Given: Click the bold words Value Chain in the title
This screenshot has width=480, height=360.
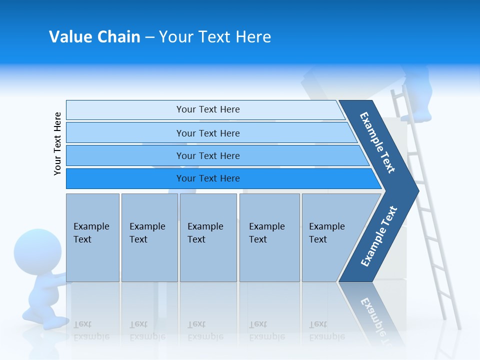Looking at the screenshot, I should pos(94,37).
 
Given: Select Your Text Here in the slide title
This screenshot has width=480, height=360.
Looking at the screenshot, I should pos(215,37).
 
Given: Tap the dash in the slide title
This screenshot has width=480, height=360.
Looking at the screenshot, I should pos(149,37).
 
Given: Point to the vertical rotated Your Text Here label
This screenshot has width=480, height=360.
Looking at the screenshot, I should pos(57,143).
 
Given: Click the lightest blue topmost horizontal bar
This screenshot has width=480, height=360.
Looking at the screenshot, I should pos(207,109).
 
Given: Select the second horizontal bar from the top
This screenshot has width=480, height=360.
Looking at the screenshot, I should pos(207,133).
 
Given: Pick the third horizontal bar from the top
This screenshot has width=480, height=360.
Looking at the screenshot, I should pos(207,155).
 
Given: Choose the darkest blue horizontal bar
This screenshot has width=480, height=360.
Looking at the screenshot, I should pos(207,178).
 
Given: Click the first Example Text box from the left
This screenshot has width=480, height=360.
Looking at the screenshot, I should pos(92,237).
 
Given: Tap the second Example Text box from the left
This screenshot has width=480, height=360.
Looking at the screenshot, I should pos(149,237).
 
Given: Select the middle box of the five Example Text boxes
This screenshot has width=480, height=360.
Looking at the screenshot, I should pos(208,237).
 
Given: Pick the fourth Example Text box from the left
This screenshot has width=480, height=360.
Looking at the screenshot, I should pos(269,237).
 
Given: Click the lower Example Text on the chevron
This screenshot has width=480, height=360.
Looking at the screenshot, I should pos(379,236).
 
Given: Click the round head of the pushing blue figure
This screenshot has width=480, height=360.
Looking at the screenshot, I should pos(34,249).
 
